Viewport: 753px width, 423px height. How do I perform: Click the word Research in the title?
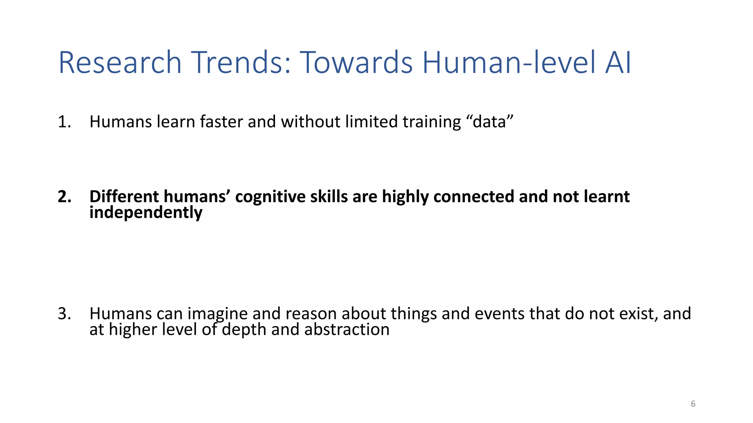pyautogui.click(x=120, y=62)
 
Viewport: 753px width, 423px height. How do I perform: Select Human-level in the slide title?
pyautogui.click(x=509, y=62)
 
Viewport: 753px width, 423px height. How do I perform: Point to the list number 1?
pyautogui.click(x=64, y=122)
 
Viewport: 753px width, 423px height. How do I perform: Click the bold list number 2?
pyautogui.click(x=64, y=197)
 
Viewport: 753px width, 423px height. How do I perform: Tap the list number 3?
pyautogui.click(x=64, y=314)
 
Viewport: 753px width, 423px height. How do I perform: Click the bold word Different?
pyautogui.click(x=124, y=197)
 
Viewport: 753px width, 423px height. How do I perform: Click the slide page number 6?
pyautogui.click(x=693, y=404)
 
